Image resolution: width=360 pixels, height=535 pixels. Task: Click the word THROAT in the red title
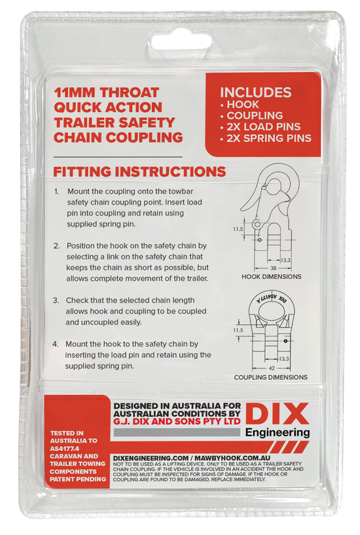(130, 92)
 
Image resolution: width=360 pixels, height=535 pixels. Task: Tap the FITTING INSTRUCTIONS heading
(139, 172)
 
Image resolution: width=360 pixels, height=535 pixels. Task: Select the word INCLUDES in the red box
(256, 92)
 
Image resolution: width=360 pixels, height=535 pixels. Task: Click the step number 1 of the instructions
(56, 191)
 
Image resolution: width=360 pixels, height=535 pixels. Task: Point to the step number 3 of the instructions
(56, 301)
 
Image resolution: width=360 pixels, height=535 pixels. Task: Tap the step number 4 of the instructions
(56, 344)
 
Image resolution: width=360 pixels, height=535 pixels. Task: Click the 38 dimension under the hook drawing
(273, 268)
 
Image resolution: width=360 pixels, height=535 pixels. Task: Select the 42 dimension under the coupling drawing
(272, 369)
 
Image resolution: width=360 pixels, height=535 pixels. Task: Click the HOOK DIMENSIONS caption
(272, 277)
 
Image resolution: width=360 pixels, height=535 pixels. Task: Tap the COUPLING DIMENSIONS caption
(271, 377)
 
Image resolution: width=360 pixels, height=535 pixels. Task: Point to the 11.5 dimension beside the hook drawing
(238, 229)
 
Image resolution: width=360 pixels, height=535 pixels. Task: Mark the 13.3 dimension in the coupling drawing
(284, 359)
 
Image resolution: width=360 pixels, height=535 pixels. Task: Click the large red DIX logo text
(277, 414)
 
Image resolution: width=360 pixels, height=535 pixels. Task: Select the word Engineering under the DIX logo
(278, 433)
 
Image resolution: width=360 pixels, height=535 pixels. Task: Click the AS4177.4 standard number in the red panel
(64, 449)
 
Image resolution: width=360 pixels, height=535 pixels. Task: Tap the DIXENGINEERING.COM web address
(151, 458)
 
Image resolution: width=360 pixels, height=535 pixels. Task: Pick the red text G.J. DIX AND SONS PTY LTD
(177, 421)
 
